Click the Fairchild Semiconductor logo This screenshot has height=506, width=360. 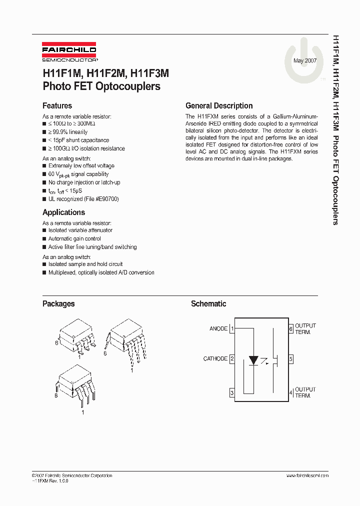click(x=69, y=53)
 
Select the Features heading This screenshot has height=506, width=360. click(x=57, y=106)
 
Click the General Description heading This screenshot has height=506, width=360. click(x=219, y=106)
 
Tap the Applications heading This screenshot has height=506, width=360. click(x=63, y=212)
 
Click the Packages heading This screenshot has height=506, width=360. click(x=58, y=303)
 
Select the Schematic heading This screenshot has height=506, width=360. click(x=208, y=303)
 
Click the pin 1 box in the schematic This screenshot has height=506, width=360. click(x=232, y=328)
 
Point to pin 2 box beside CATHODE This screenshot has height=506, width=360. click(x=232, y=359)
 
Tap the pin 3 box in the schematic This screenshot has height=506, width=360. click(x=232, y=393)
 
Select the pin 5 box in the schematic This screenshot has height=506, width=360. click(x=290, y=359)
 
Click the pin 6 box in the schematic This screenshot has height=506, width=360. click(x=290, y=328)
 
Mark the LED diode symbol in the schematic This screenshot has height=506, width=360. click(x=253, y=360)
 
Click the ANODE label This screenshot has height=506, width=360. click(x=218, y=328)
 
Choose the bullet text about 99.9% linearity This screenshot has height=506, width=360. click(x=68, y=132)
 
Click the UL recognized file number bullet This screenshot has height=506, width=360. click(x=83, y=199)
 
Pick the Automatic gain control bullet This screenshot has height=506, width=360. click(x=74, y=238)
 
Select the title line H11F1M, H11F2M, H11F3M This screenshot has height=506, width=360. click(x=105, y=73)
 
